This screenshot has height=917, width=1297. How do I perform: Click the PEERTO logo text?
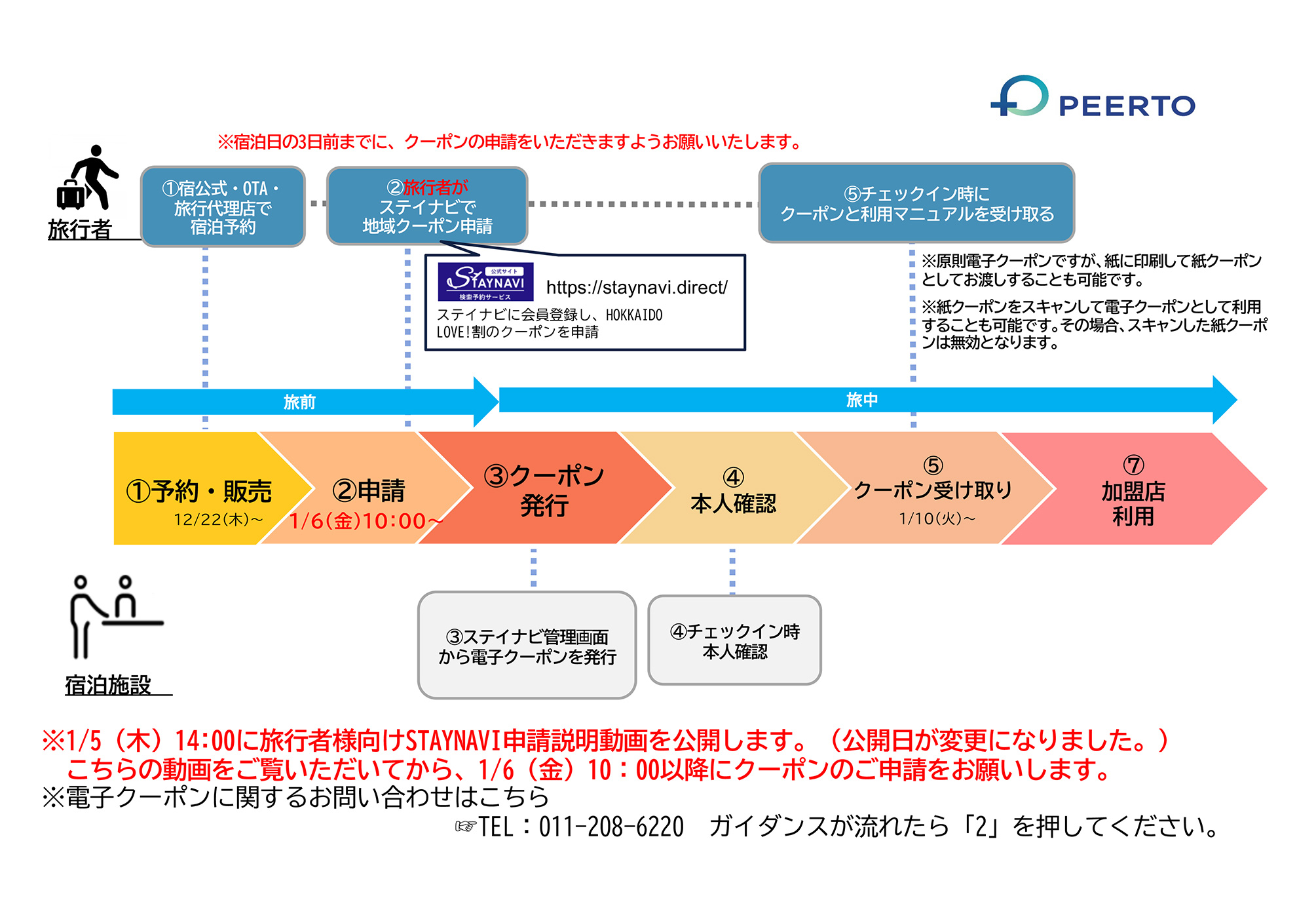[1127, 106]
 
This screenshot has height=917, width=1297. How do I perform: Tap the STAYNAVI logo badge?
[485, 282]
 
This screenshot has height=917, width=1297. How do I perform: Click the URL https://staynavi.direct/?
[637, 287]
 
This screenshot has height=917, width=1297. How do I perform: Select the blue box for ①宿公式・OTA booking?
[223, 206]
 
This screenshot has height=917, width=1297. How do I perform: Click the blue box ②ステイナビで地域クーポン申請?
[427, 206]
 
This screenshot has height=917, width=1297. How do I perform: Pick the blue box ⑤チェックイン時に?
[916, 203]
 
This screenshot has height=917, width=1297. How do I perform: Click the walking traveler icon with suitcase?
[88, 178]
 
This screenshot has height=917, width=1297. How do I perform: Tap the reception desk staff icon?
[115, 616]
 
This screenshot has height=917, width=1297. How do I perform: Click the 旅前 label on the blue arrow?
[299, 402]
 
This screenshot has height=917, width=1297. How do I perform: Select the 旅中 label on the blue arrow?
[861, 400]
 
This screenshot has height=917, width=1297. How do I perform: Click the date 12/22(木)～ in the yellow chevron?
[217, 520]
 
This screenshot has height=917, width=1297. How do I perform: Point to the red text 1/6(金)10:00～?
[366, 521]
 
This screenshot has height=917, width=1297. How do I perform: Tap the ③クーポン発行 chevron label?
[544, 490]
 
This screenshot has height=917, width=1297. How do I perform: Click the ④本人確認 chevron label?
[733, 490]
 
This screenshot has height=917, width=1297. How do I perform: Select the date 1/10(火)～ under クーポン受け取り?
[937, 518]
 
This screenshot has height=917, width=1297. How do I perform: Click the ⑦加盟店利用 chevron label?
[1133, 492]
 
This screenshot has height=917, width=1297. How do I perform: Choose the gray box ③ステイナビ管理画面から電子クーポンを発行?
[527, 646]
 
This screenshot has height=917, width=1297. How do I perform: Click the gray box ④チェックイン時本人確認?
[734, 640]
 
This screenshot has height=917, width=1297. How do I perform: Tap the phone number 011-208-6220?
[611, 827]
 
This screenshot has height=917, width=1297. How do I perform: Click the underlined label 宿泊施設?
[108, 685]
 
